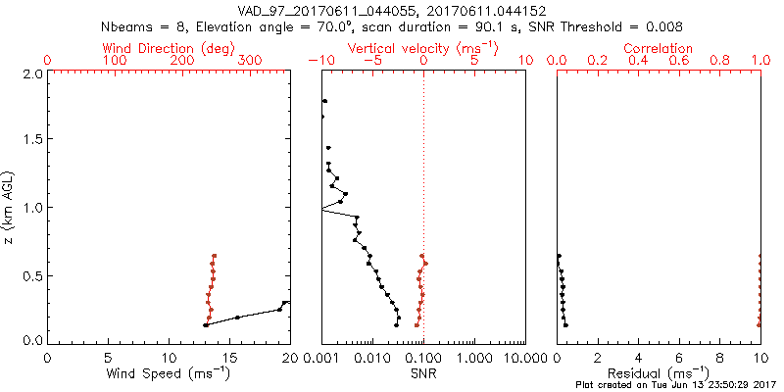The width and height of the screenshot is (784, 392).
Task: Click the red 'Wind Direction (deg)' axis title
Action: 169,47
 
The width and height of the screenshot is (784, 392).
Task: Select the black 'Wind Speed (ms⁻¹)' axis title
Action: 169,373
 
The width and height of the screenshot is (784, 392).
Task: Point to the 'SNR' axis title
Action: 423,373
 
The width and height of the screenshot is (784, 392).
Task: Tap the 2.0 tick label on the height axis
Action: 32,73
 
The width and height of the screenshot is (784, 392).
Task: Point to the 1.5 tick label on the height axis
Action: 32,140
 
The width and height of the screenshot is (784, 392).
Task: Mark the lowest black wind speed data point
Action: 206,324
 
